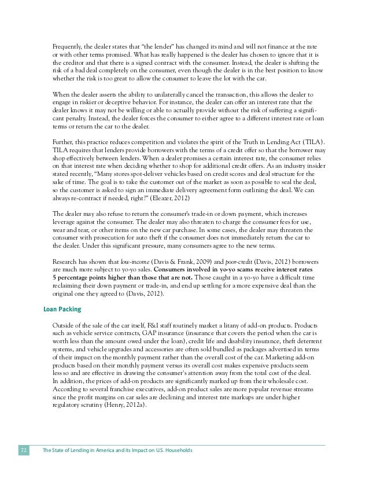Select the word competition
145,142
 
